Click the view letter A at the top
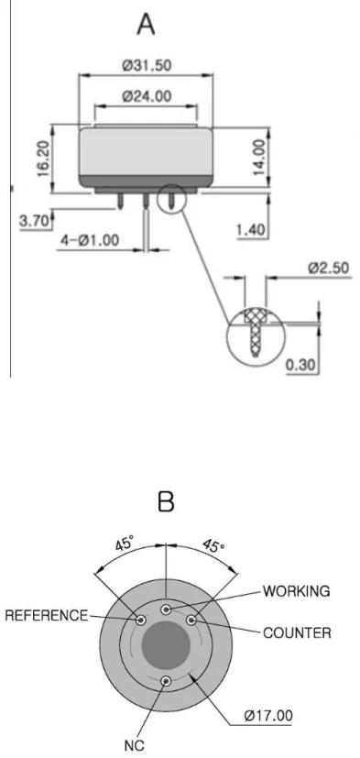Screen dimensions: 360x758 [x=146, y=24]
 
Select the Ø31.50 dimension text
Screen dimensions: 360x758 [x=147, y=65]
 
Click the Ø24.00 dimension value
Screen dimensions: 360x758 [x=147, y=96]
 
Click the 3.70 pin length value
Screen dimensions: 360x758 [x=34, y=222]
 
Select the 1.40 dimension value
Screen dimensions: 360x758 [x=251, y=231]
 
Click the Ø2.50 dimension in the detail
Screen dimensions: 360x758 [x=328, y=268]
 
